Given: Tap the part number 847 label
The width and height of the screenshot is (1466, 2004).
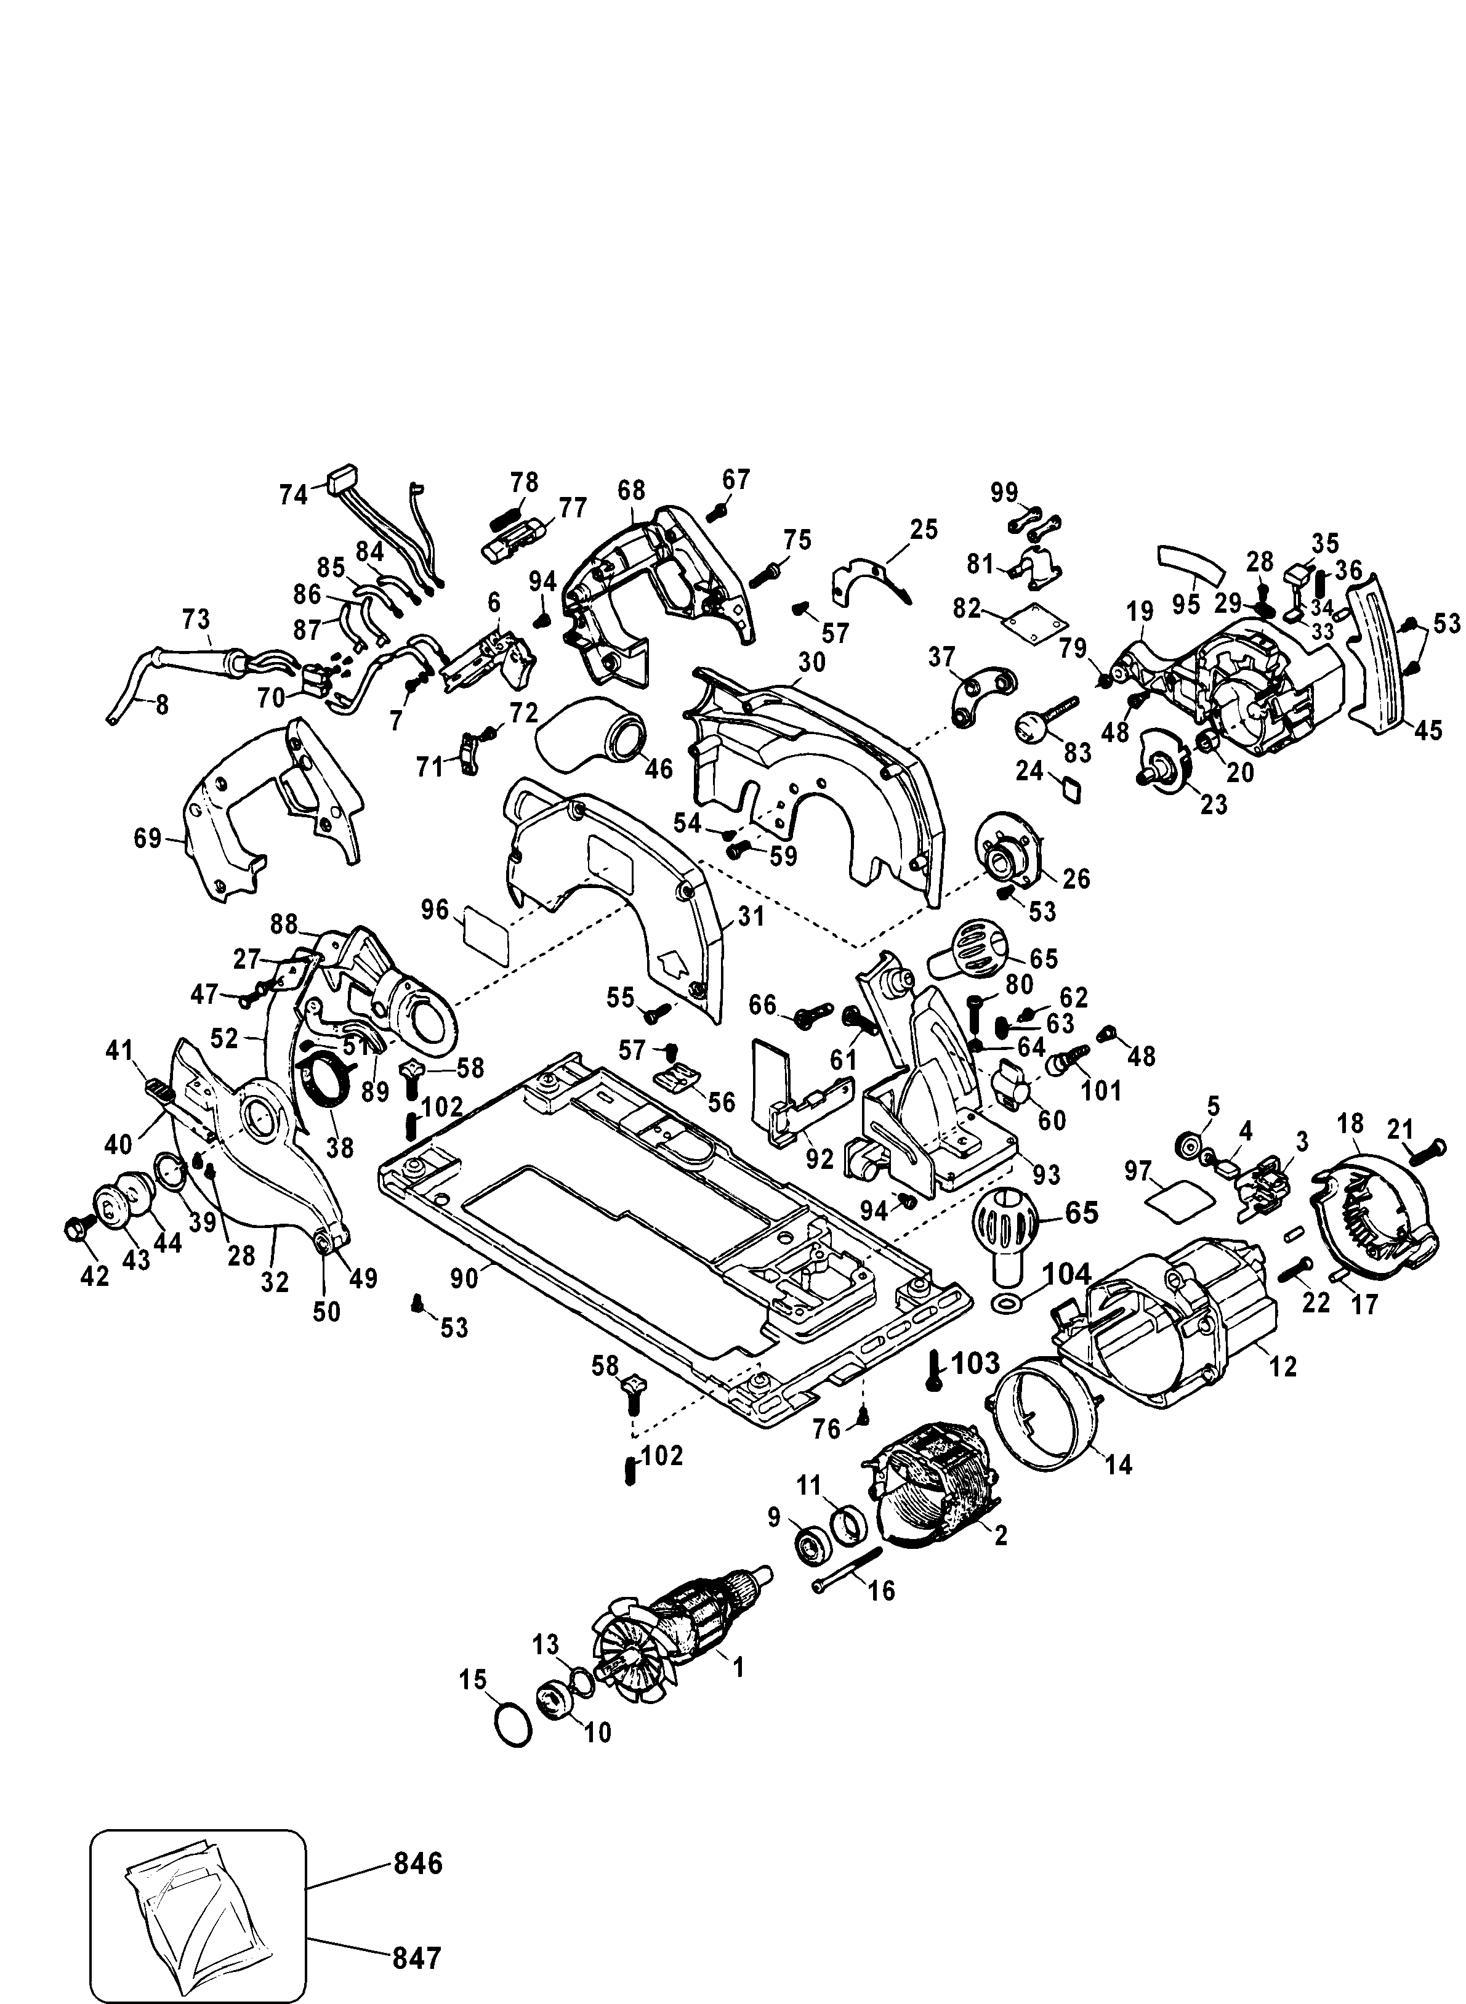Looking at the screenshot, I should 416,1952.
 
